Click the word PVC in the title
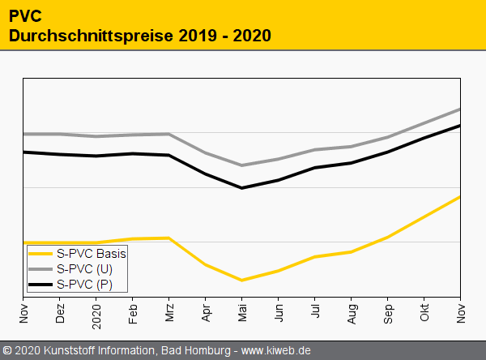click(25, 15)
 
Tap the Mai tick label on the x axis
click(243, 311)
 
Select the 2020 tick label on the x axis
click(97, 314)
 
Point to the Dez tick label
click(61, 312)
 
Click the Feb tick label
click(134, 312)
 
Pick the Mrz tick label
click(170, 311)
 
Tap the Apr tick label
click(207, 311)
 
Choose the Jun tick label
click(279, 311)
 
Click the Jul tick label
click(316, 311)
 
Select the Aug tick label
click(352, 312)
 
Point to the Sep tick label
click(389, 312)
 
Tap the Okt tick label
click(425, 311)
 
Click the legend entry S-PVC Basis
click(92, 253)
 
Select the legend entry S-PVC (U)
click(84, 268)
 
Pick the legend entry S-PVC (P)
click(84, 285)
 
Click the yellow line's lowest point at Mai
click(242, 280)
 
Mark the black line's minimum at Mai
click(242, 188)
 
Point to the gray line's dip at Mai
click(242, 165)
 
